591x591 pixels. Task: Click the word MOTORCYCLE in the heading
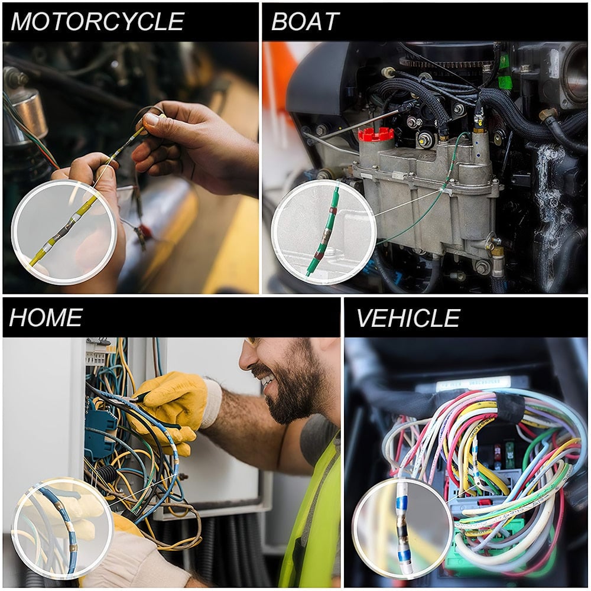[98, 22]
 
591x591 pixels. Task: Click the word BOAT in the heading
[304, 22]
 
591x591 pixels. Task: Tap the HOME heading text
[46, 317]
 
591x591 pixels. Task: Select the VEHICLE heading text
[408, 318]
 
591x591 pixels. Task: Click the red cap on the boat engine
[376, 134]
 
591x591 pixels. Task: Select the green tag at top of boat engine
[504, 71]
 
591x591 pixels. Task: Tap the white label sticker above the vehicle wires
[473, 384]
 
